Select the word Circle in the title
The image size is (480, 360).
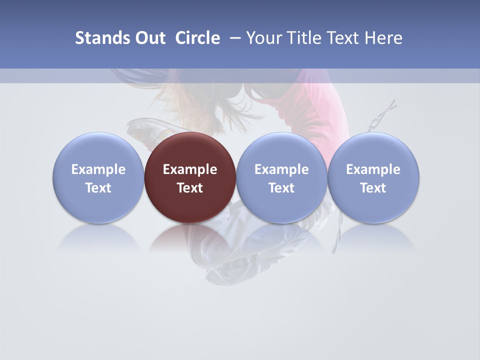pos(197,38)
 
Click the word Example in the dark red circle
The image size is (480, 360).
pos(190,169)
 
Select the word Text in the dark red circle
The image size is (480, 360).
pos(190,188)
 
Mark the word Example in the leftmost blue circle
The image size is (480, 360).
pos(98,169)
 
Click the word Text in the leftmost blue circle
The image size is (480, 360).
pos(98,188)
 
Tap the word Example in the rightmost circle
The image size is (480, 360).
pos(373,169)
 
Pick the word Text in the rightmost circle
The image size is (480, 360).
pos(373,188)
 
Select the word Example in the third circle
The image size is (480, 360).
pos(281,169)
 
